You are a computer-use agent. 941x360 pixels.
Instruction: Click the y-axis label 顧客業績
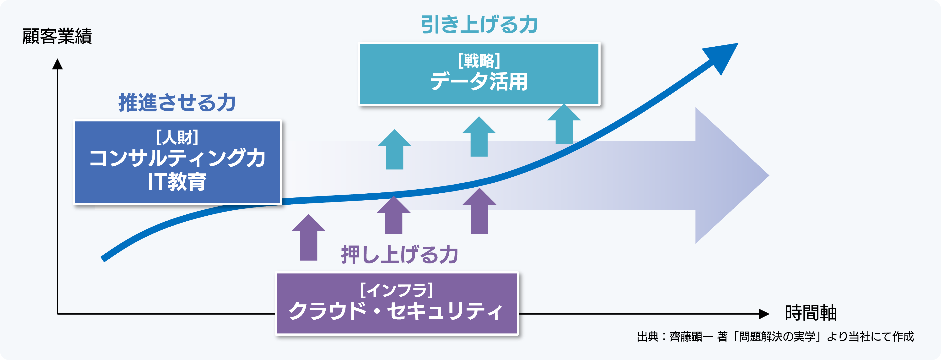[x=57, y=37]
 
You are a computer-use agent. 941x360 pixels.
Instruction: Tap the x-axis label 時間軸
[x=810, y=313]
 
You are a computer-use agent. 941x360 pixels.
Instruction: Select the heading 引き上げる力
[x=479, y=25]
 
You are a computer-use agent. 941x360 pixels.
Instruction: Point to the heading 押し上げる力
[x=399, y=255]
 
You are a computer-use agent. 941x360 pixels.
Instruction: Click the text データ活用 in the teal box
[x=479, y=82]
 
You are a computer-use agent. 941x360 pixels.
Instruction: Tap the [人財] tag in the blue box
[x=177, y=137]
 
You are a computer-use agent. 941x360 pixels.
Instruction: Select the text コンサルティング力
[x=177, y=159]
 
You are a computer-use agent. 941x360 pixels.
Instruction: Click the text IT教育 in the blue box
[x=177, y=182]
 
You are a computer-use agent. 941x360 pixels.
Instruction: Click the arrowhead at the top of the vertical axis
[x=57, y=64]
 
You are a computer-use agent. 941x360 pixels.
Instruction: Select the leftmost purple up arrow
[x=309, y=238]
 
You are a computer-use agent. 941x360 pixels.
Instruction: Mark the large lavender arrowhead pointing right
[x=727, y=175]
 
